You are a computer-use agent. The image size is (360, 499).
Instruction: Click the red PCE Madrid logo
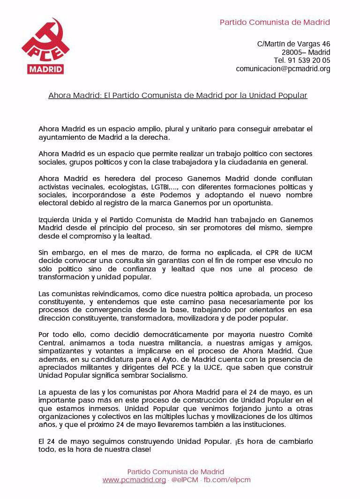point(45,46)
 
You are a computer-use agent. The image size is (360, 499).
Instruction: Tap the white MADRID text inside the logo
point(45,69)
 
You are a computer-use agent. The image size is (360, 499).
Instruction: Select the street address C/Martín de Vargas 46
point(293,44)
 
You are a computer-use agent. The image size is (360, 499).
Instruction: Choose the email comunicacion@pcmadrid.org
point(283,69)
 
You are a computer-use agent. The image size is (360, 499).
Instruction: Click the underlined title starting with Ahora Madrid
point(178,96)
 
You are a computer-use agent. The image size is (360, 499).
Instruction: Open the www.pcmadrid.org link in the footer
point(134,480)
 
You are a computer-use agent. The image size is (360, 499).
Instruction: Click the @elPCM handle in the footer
point(184,480)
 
